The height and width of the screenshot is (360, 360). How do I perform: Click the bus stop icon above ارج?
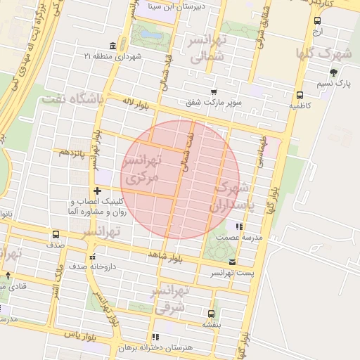[317, 20]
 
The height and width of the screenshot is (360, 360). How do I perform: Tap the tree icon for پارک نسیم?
[333, 72]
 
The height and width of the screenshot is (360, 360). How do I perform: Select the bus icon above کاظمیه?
[300, 95]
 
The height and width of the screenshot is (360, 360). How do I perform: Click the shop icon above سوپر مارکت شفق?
[214, 92]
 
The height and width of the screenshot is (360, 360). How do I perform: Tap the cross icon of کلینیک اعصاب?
[97, 191]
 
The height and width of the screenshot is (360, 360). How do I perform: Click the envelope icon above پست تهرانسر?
[233, 261]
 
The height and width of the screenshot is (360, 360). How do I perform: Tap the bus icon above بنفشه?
[211, 314]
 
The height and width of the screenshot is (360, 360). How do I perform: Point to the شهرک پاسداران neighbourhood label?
[231, 198]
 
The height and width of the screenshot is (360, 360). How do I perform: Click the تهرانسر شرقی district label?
[171, 298]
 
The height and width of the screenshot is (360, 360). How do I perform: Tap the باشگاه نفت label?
[72, 99]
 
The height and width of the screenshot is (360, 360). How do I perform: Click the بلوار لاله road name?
[136, 103]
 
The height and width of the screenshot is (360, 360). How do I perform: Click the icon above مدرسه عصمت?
[239, 227]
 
